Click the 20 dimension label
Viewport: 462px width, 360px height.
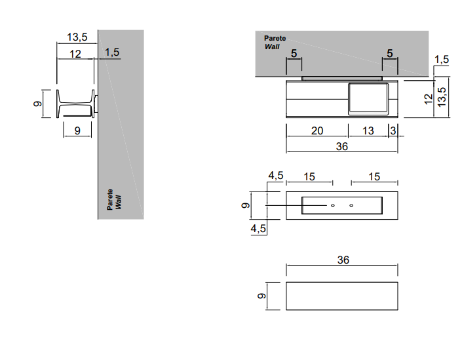[317, 130]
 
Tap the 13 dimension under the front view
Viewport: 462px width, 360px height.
[368, 130]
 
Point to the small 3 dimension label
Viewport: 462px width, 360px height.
[393, 130]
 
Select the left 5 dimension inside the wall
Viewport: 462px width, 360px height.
[294, 53]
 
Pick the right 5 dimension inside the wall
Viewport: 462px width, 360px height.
[390, 53]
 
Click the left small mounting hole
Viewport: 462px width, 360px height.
[333, 205]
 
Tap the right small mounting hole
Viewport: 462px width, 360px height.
[351, 205]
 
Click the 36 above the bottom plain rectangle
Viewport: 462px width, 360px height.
[343, 260]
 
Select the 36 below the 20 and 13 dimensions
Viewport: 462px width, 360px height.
[342, 146]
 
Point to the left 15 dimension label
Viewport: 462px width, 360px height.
[309, 176]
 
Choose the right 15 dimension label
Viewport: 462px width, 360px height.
[374, 176]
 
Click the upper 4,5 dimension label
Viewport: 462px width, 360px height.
[276, 176]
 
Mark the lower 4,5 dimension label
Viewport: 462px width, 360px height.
[258, 228]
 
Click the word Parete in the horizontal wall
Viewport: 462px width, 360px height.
[275, 38]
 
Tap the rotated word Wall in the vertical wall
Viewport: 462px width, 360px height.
[118, 202]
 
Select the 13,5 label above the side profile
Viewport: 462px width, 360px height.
[77, 37]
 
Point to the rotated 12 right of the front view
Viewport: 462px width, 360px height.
[428, 99]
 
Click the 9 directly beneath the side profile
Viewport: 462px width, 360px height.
[77, 130]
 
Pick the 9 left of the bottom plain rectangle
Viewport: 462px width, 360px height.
[261, 296]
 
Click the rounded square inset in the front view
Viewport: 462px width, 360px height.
[368, 99]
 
